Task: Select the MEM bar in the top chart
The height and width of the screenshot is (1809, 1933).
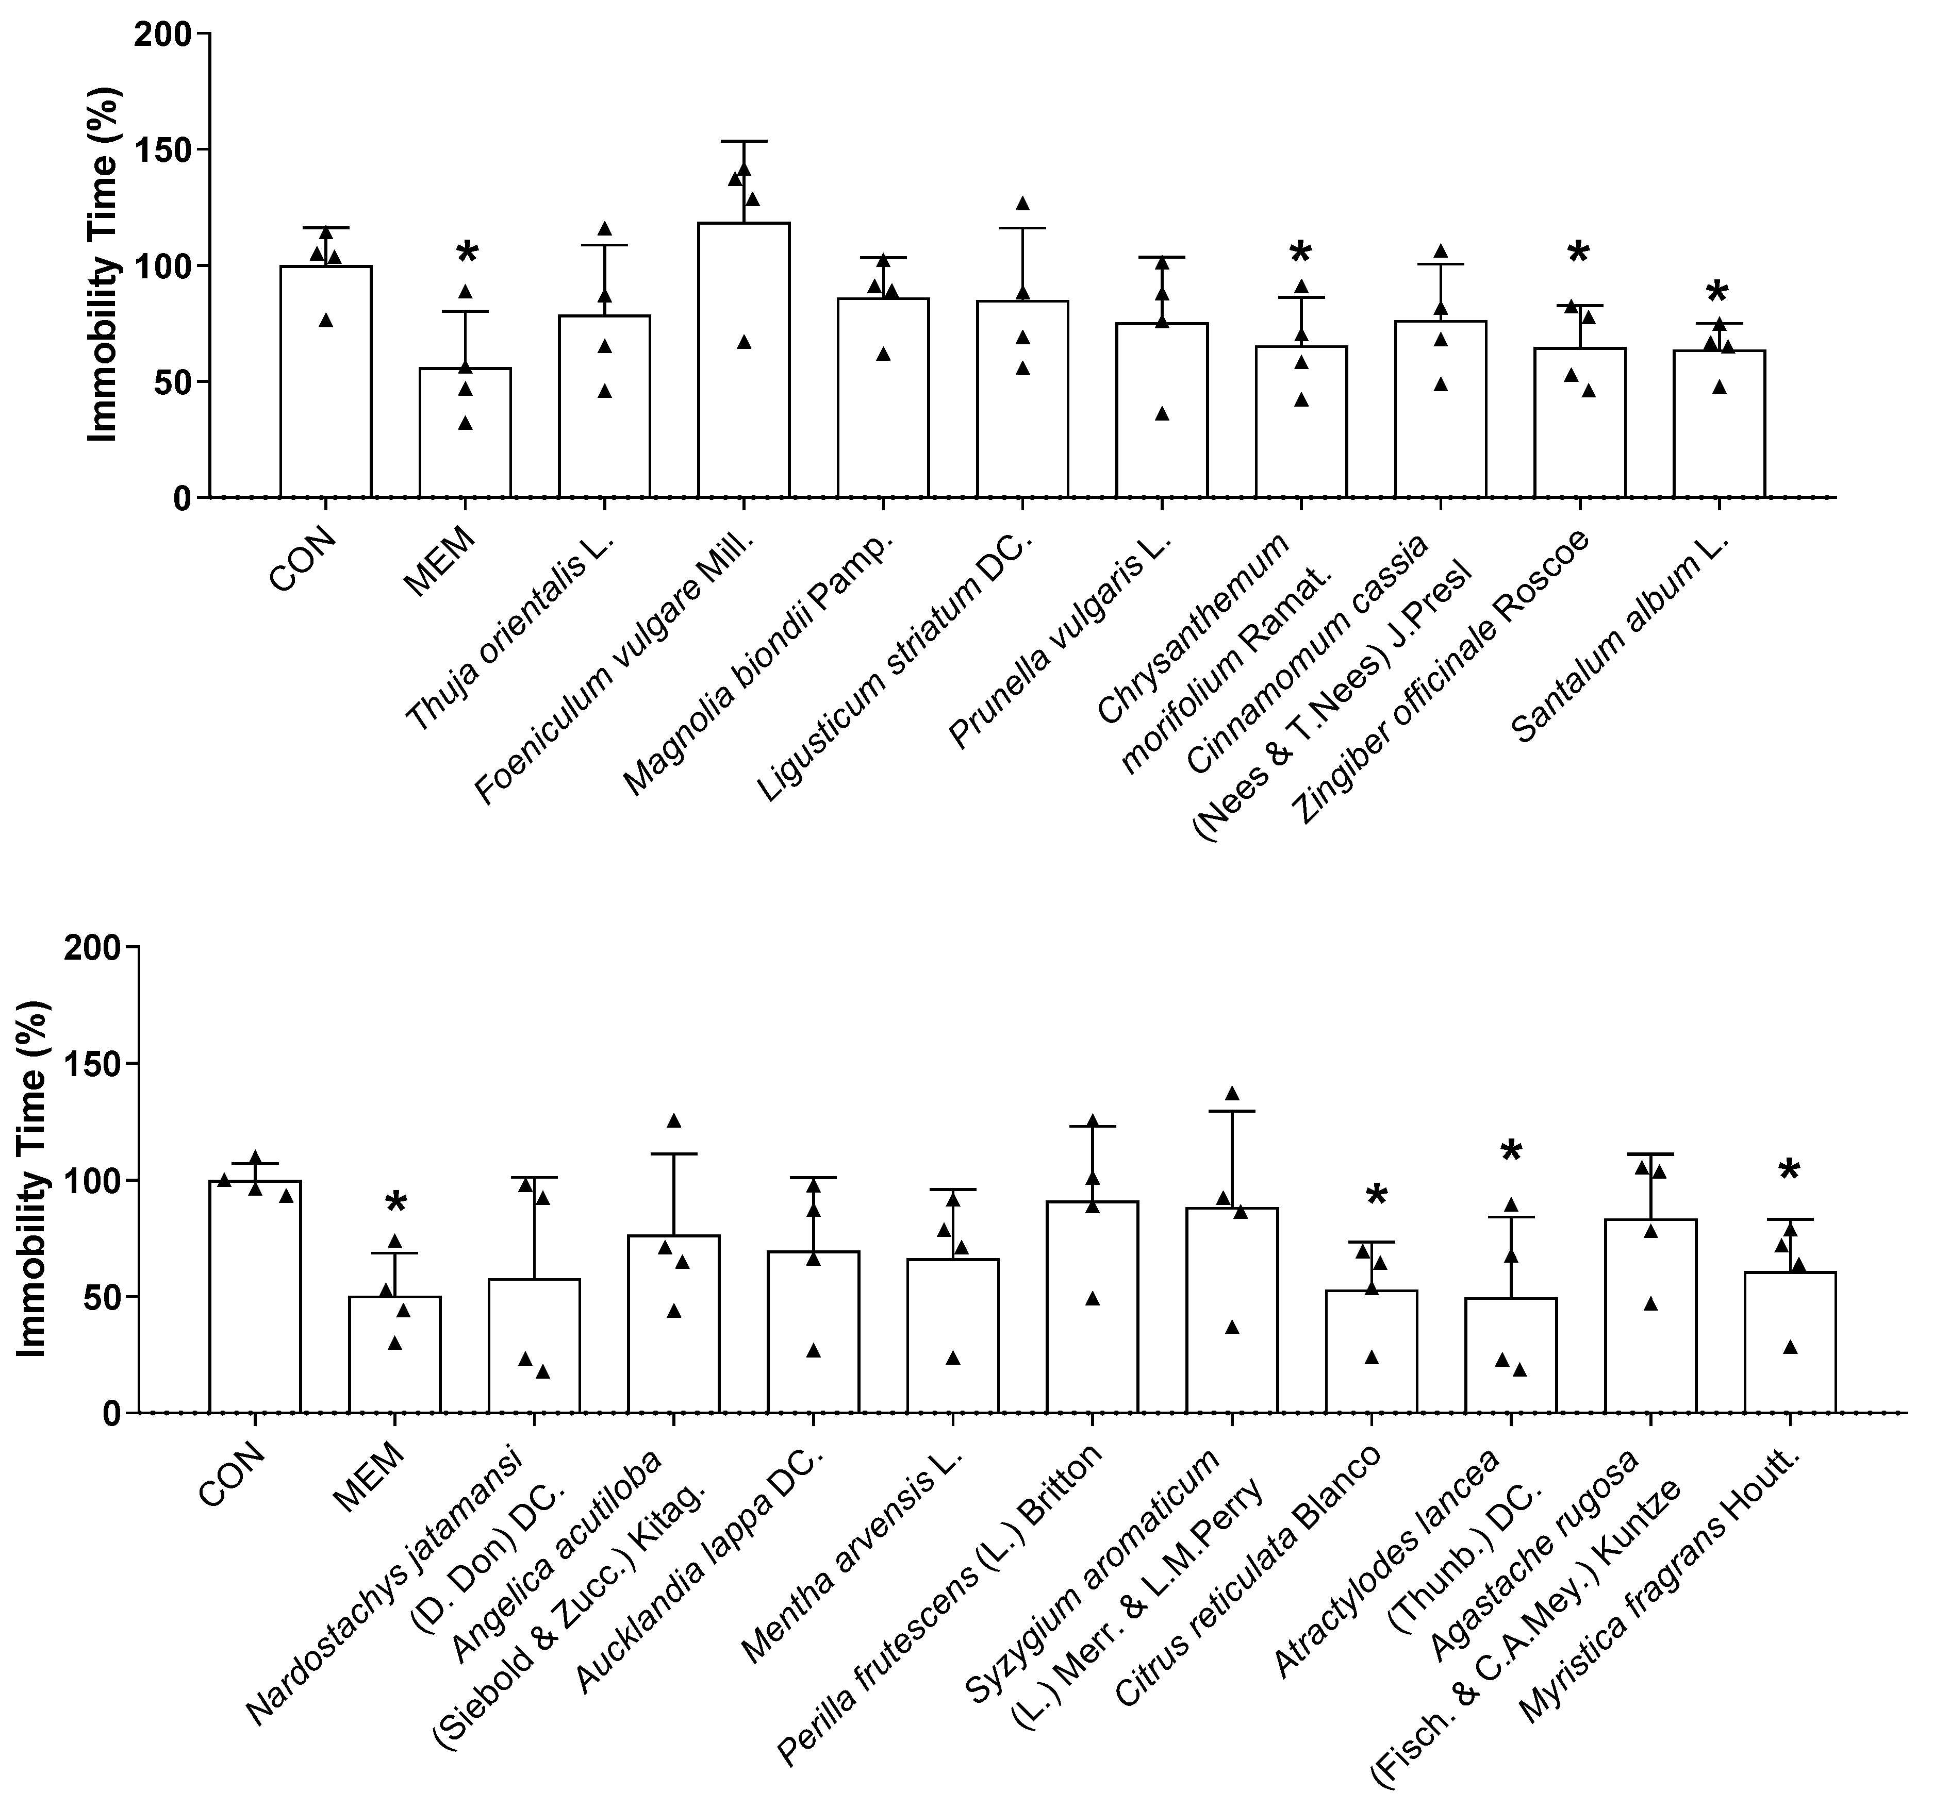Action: [x=465, y=432]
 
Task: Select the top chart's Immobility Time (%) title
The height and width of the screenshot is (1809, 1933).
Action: [x=102, y=264]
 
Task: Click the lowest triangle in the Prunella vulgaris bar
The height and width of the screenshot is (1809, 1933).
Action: [x=1162, y=414]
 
